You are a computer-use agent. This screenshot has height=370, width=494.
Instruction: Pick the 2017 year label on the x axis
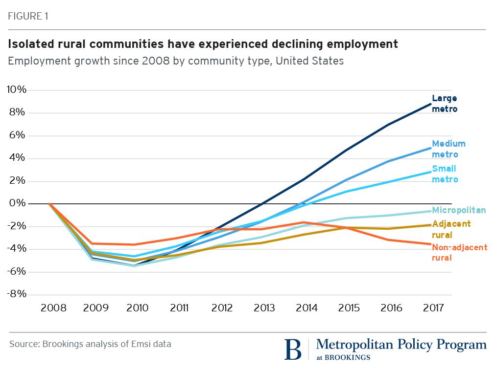[x=432, y=308]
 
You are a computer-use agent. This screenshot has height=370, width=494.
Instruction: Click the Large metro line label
[x=445, y=104]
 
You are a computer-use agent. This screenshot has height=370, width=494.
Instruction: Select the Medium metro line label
[x=448, y=149]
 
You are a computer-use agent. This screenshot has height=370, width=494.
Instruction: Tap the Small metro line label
[x=445, y=174]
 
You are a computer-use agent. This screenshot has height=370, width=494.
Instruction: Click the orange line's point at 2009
[x=92, y=243]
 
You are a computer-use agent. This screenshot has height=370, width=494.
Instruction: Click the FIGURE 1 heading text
[x=28, y=16]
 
